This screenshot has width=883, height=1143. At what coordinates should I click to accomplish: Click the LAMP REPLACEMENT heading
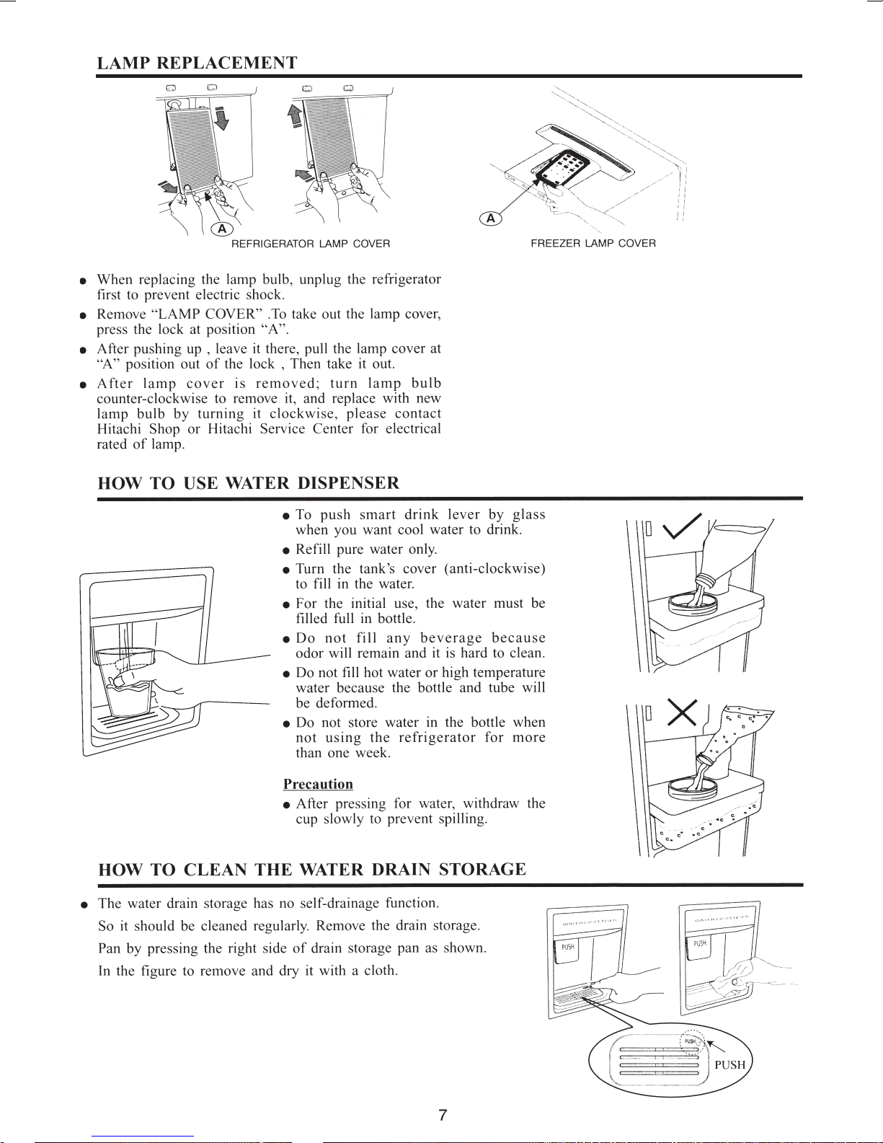click(197, 63)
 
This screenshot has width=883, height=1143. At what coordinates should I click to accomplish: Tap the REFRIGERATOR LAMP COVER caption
click(310, 244)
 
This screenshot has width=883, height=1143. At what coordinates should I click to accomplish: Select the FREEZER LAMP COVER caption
click(593, 244)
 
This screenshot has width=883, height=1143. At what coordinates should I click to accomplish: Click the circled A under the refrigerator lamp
click(222, 229)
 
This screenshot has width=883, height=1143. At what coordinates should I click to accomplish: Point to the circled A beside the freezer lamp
click(491, 218)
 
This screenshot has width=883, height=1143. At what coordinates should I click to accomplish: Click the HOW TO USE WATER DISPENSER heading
click(248, 483)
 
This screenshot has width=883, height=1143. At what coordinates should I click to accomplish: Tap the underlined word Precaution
click(318, 784)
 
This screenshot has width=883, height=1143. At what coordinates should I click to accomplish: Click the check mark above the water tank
click(682, 526)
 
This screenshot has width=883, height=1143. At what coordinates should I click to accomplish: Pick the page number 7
click(442, 1115)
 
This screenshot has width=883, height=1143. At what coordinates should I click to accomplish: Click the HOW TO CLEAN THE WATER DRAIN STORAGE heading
click(312, 869)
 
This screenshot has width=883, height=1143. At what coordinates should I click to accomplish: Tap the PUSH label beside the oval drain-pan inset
click(729, 1064)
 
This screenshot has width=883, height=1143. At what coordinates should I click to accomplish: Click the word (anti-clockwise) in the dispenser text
click(494, 569)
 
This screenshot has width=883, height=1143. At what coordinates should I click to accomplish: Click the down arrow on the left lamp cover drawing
click(221, 118)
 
